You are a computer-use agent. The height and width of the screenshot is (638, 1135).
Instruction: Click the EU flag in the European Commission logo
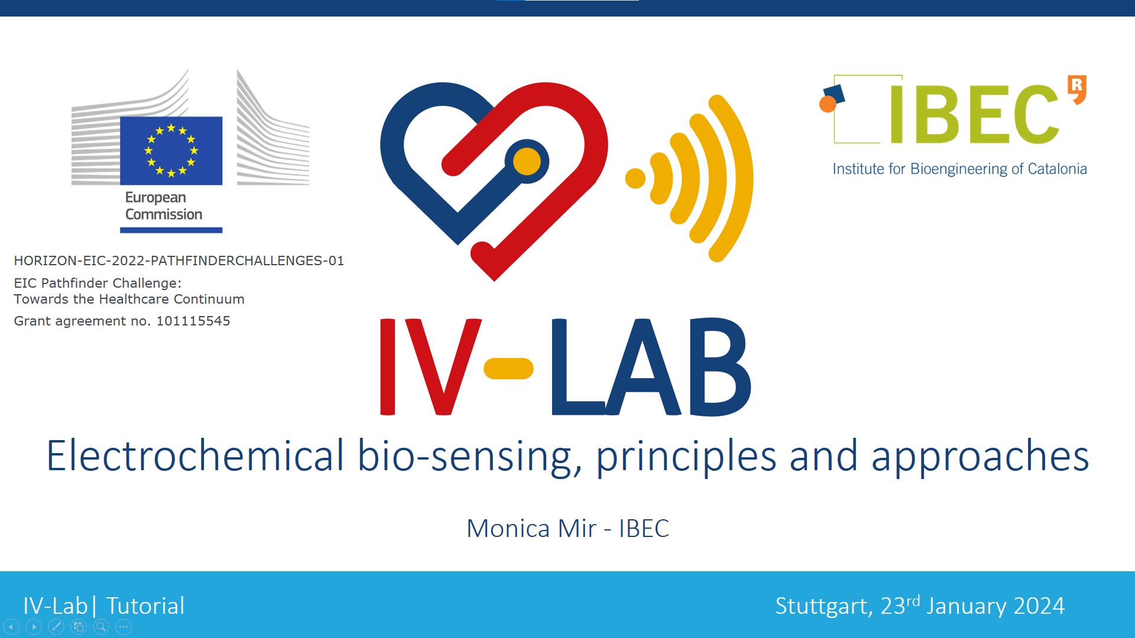pos(171,151)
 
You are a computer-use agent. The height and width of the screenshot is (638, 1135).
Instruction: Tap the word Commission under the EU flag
pos(164,214)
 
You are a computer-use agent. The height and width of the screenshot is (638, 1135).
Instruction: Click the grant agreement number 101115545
pos(193,321)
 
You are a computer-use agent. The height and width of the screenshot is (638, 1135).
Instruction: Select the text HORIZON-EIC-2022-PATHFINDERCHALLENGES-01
pos(179,261)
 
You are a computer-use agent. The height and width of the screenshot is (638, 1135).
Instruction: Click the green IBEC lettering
pos(974,114)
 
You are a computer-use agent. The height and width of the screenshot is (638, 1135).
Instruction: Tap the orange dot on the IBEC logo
pos(828,104)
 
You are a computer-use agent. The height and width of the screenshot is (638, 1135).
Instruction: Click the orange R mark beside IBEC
pos(1077,89)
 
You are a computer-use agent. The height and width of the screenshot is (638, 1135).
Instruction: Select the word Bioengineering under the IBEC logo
pos(959,169)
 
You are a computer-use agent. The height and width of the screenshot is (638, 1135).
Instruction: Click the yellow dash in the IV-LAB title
pos(508,369)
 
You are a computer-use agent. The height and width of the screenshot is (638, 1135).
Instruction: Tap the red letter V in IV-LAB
pos(444,367)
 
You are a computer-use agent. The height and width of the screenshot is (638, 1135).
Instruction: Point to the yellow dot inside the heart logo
pos(527,161)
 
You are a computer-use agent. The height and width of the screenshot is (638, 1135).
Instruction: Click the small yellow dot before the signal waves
pos(635,178)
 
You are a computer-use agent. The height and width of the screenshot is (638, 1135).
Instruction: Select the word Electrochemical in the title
pos(195,455)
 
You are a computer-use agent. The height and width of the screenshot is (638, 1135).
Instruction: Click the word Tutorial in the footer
pos(145,606)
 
